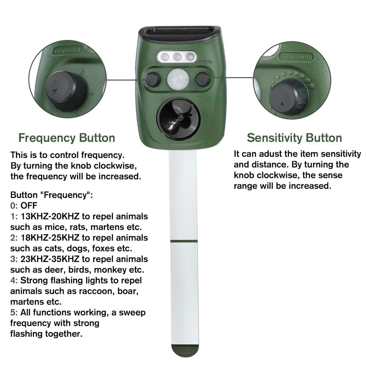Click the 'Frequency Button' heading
(66, 138)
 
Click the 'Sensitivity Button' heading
(294, 138)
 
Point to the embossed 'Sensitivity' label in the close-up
(297, 56)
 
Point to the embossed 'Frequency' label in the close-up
(67, 50)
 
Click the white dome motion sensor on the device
(178, 79)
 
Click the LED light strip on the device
(177, 56)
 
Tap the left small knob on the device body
(153, 79)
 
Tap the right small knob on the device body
(203, 79)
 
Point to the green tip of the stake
(185, 350)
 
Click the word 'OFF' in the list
(29, 206)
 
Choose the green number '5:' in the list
(14, 312)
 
